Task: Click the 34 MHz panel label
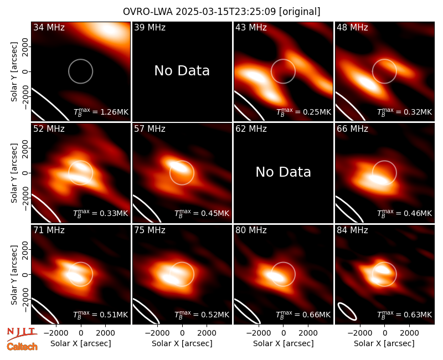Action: (49, 27)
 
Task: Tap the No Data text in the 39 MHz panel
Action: (182, 70)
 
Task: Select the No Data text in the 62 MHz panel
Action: (283, 172)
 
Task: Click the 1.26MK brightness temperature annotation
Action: (101, 112)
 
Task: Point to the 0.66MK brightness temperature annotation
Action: (303, 314)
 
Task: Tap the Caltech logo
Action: (22, 347)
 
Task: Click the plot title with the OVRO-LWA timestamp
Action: (221, 12)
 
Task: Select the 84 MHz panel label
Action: (352, 230)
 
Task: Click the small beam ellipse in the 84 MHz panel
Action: (347, 311)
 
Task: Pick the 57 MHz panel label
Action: (150, 129)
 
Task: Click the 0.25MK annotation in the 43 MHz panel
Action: (303, 112)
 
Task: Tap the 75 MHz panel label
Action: (150, 230)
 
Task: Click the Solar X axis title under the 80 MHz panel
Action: (283, 343)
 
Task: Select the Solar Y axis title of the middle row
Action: (14, 173)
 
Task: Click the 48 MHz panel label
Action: (352, 27)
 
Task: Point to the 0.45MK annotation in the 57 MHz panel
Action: (202, 213)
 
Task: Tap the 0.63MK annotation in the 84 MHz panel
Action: (405, 314)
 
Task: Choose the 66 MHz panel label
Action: (352, 129)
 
